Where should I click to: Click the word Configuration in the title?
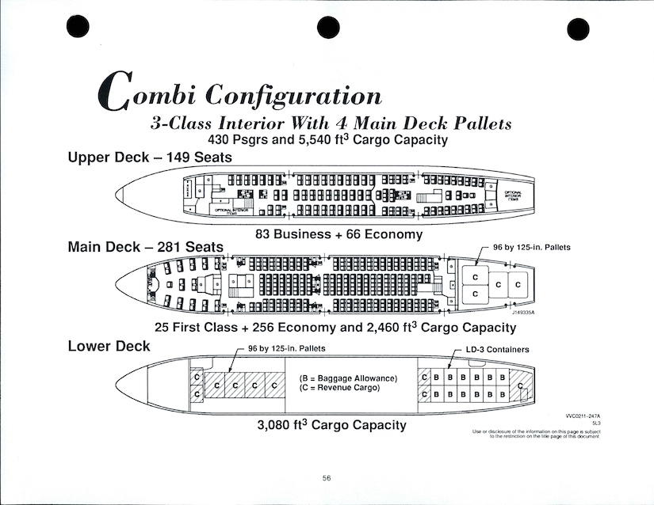click(294, 95)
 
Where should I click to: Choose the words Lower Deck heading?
click(109, 346)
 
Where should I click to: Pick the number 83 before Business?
click(265, 234)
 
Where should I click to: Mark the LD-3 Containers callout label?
click(497, 349)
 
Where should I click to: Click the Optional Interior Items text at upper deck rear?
click(513, 195)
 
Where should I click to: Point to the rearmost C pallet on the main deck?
click(518, 284)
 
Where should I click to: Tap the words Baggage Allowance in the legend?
click(355, 378)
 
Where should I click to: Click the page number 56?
click(327, 477)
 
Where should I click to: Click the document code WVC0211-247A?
click(583, 416)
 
